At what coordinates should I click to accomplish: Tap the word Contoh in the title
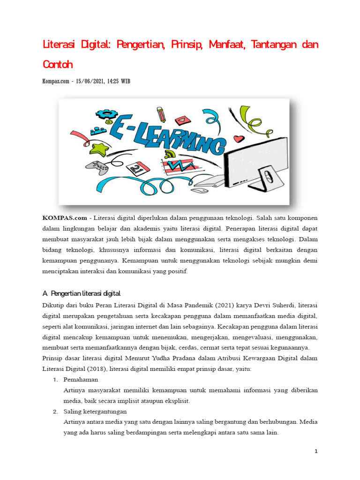58,63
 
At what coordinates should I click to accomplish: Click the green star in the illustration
99,149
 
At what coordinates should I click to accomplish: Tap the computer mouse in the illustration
200,191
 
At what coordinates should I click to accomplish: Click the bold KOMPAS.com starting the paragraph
65,218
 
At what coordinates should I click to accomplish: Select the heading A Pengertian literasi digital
81,293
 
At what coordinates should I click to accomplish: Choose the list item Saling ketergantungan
95,412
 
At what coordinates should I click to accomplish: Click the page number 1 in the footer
316,451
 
